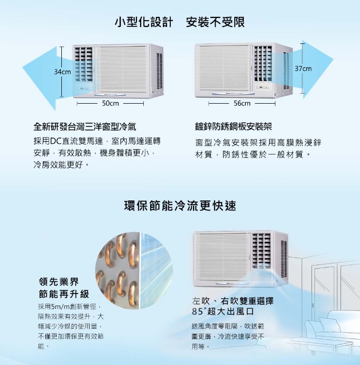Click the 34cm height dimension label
pos(62,72)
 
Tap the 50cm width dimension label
pos(110,103)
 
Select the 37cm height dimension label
pos(303,68)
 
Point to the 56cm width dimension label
pos(242,103)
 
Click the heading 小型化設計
pos(144,22)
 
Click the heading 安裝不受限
pos(215,22)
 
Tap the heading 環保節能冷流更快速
pos(180,206)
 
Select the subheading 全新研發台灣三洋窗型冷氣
pos(85,127)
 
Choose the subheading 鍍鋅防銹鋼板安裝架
pos(234,127)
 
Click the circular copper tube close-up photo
pos(134,270)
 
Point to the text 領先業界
pos(59,282)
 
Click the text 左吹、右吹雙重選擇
pos(233,301)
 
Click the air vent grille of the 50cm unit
pos(84,64)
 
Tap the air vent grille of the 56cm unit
pos(263,63)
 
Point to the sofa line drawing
pos(333,331)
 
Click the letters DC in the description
pos(56,141)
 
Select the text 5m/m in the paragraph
pos(60,307)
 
